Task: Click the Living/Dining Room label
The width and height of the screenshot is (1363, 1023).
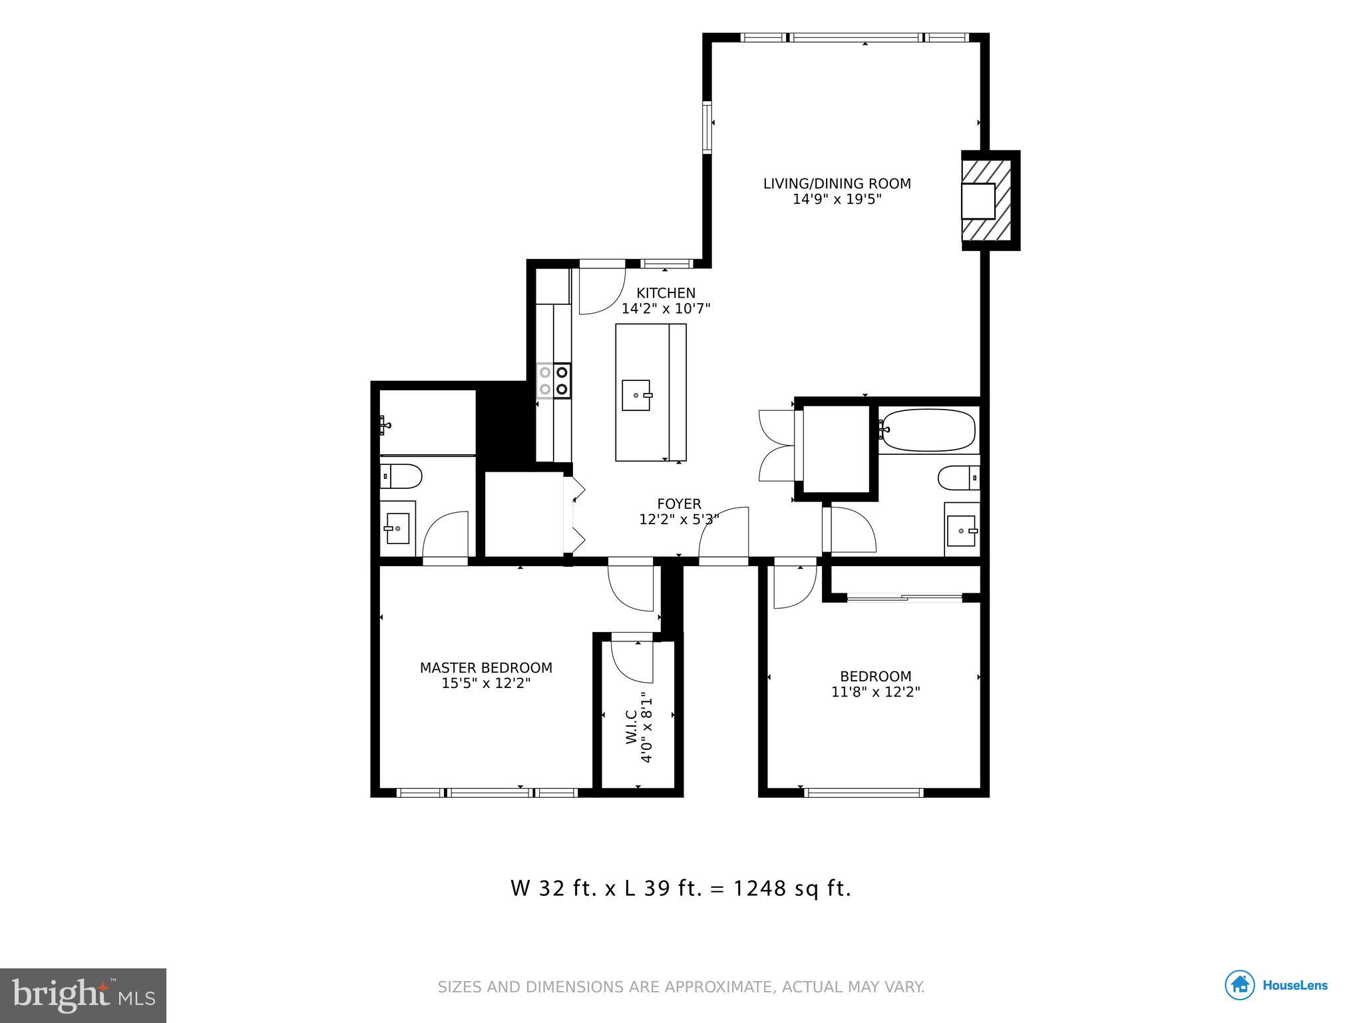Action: click(837, 183)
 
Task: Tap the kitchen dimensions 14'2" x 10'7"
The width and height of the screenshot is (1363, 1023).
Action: click(666, 309)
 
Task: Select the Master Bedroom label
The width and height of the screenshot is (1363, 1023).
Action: click(486, 667)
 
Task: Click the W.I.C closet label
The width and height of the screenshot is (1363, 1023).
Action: click(631, 727)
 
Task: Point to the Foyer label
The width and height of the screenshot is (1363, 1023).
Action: click(679, 504)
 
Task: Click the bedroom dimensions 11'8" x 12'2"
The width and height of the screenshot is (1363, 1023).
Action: click(875, 692)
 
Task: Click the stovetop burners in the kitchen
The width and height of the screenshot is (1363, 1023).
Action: click(554, 380)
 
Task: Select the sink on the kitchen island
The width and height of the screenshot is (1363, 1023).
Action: click(636, 396)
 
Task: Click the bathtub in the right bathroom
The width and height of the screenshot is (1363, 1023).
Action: click(929, 430)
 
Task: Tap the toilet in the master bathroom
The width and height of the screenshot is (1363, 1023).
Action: click(401, 476)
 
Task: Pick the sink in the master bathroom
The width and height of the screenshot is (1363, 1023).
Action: click(397, 529)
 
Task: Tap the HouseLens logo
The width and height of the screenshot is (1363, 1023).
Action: click(1276, 986)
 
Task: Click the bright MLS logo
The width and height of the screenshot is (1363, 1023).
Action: click(83, 995)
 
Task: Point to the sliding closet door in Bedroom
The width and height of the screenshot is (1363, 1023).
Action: click(904, 599)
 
